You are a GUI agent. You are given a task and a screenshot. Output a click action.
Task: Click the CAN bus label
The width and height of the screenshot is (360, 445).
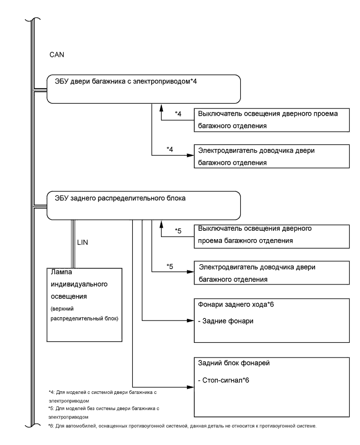pyautogui.click(x=56, y=54)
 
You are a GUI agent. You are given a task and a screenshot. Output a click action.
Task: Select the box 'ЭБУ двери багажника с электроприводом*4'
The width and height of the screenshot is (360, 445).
pyautogui.click(x=144, y=89)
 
